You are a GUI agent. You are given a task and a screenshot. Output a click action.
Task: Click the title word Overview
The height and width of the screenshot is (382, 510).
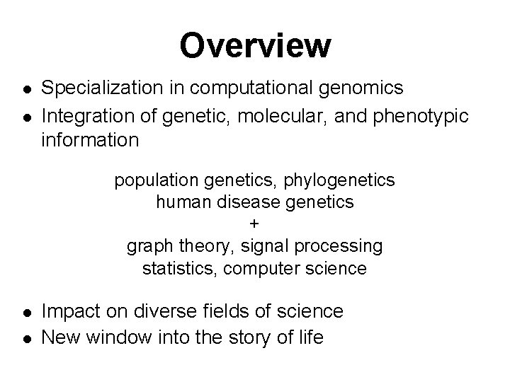255,46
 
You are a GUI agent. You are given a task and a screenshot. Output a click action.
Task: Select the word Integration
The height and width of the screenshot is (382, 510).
84,115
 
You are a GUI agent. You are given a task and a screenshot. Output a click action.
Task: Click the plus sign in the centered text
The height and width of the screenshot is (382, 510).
255,224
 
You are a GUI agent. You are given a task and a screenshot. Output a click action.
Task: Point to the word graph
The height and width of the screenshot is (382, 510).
148,247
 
